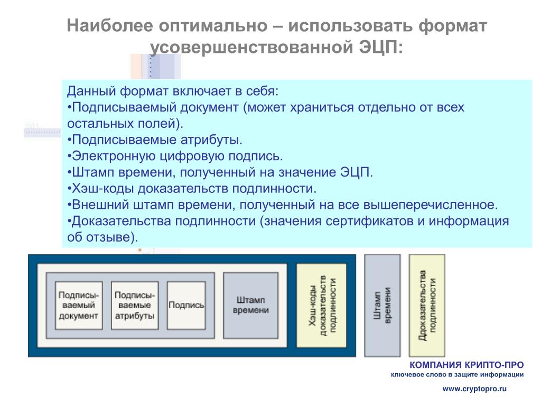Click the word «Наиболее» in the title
pyautogui.click(x=110, y=25)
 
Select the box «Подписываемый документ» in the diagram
pyautogui.click(x=79, y=306)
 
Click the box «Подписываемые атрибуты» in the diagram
pyautogui.click(x=135, y=306)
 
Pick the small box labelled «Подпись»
pyautogui.click(x=186, y=306)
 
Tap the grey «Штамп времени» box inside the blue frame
pyautogui.click(x=251, y=306)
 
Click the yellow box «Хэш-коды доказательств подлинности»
pyautogui.click(x=322, y=306)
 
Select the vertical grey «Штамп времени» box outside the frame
pyautogui.click(x=383, y=306)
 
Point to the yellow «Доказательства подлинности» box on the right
pyautogui.click(x=427, y=306)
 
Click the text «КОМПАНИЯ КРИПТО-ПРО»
pyautogui.click(x=467, y=365)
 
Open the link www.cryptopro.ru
pyautogui.click(x=474, y=389)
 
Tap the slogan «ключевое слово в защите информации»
pyautogui.click(x=457, y=375)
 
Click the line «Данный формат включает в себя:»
pyautogui.click(x=173, y=91)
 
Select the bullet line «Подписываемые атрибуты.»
pyautogui.click(x=155, y=140)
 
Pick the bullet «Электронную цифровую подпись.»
pyautogui.click(x=175, y=156)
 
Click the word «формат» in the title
pyautogui.click(x=452, y=25)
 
